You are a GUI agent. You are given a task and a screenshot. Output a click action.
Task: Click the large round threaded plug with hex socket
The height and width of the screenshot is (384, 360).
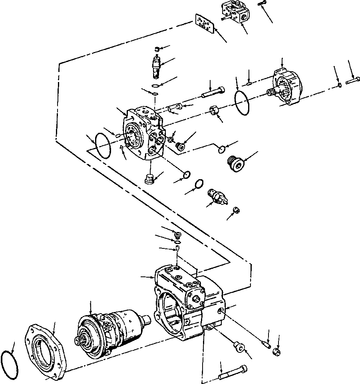pyautogui.click(x=236, y=164)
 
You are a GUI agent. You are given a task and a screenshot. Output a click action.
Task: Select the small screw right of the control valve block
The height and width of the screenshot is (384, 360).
pyautogui.click(x=262, y=4)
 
